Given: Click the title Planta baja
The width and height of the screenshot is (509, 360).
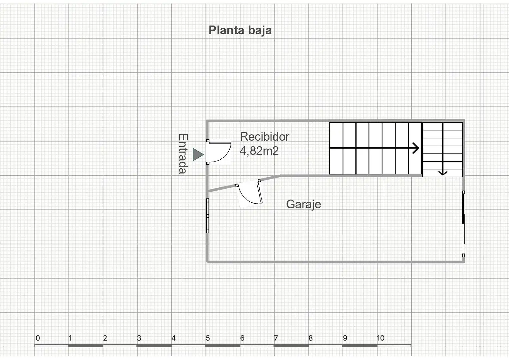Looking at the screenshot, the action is (240, 31).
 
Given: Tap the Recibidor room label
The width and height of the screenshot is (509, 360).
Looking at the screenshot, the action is (264, 137).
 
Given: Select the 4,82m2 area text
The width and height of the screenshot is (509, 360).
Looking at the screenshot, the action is (259, 151).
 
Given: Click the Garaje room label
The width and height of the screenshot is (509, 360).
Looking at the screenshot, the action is (304, 204).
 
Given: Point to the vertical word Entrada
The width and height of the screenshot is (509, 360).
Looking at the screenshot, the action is (183, 154).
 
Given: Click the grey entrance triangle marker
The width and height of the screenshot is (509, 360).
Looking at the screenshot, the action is (198, 155).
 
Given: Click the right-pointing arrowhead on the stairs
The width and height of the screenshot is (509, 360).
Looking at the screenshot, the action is (416, 148).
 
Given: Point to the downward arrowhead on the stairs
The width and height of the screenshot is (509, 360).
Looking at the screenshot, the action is (443, 173).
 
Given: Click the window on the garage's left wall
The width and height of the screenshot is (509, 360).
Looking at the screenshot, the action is (207, 216).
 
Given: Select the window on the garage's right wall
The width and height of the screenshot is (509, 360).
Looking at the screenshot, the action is (464, 224).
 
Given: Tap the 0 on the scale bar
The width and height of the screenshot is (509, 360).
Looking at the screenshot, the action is (38, 338).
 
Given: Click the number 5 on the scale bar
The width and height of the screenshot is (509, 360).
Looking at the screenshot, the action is (208, 338).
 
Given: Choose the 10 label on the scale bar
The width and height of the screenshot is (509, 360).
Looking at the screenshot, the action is (381, 338).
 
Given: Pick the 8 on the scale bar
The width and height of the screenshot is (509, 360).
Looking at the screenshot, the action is (311, 338).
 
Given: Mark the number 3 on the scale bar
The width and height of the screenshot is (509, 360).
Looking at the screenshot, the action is (139, 338).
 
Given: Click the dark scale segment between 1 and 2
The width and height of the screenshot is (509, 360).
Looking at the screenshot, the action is (86, 346).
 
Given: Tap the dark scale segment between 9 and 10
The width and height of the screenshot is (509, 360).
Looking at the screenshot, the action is (360, 346).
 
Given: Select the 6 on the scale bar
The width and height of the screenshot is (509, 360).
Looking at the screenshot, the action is (242, 338).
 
